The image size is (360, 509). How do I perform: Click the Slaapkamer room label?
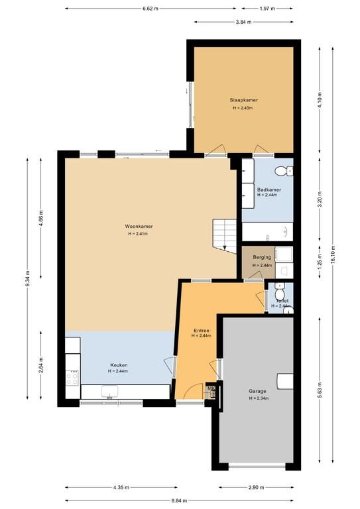(x=243, y=100)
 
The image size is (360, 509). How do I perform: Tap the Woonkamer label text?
(x=139, y=226)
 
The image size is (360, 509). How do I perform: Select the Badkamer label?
(x=269, y=190)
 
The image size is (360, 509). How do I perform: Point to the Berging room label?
(x=262, y=257)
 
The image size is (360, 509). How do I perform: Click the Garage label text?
(x=257, y=391)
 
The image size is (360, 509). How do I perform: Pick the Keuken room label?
(x=119, y=365)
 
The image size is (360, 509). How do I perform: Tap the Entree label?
(x=202, y=331)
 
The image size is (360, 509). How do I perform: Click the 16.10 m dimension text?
(x=333, y=254)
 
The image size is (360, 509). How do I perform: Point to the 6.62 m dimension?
(x=150, y=9)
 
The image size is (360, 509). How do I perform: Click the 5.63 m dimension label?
(x=320, y=390)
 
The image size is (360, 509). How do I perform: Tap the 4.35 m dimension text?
(x=121, y=487)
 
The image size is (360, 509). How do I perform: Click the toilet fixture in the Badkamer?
(x=283, y=171)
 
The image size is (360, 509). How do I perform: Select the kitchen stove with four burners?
(x=72, y=378)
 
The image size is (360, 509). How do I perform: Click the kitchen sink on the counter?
(x=109, y=392)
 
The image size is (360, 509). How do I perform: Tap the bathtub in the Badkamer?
(x=267, y=232)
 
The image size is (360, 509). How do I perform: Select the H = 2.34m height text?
(x=259, y=398)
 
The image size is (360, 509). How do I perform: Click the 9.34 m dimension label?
(x=27, y=278)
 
